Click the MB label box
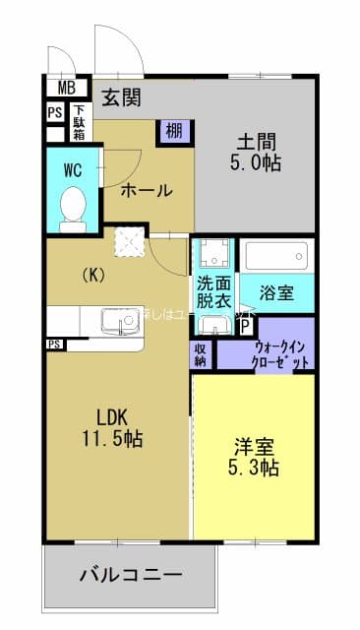click(66, 88)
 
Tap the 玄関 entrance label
click(121, 96)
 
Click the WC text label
click(72, 169)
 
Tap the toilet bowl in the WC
click(73, 207)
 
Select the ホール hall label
click(147, 190)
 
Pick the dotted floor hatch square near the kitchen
click(128, 242)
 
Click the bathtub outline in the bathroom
click(276, 257)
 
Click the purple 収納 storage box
click(201, 353)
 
